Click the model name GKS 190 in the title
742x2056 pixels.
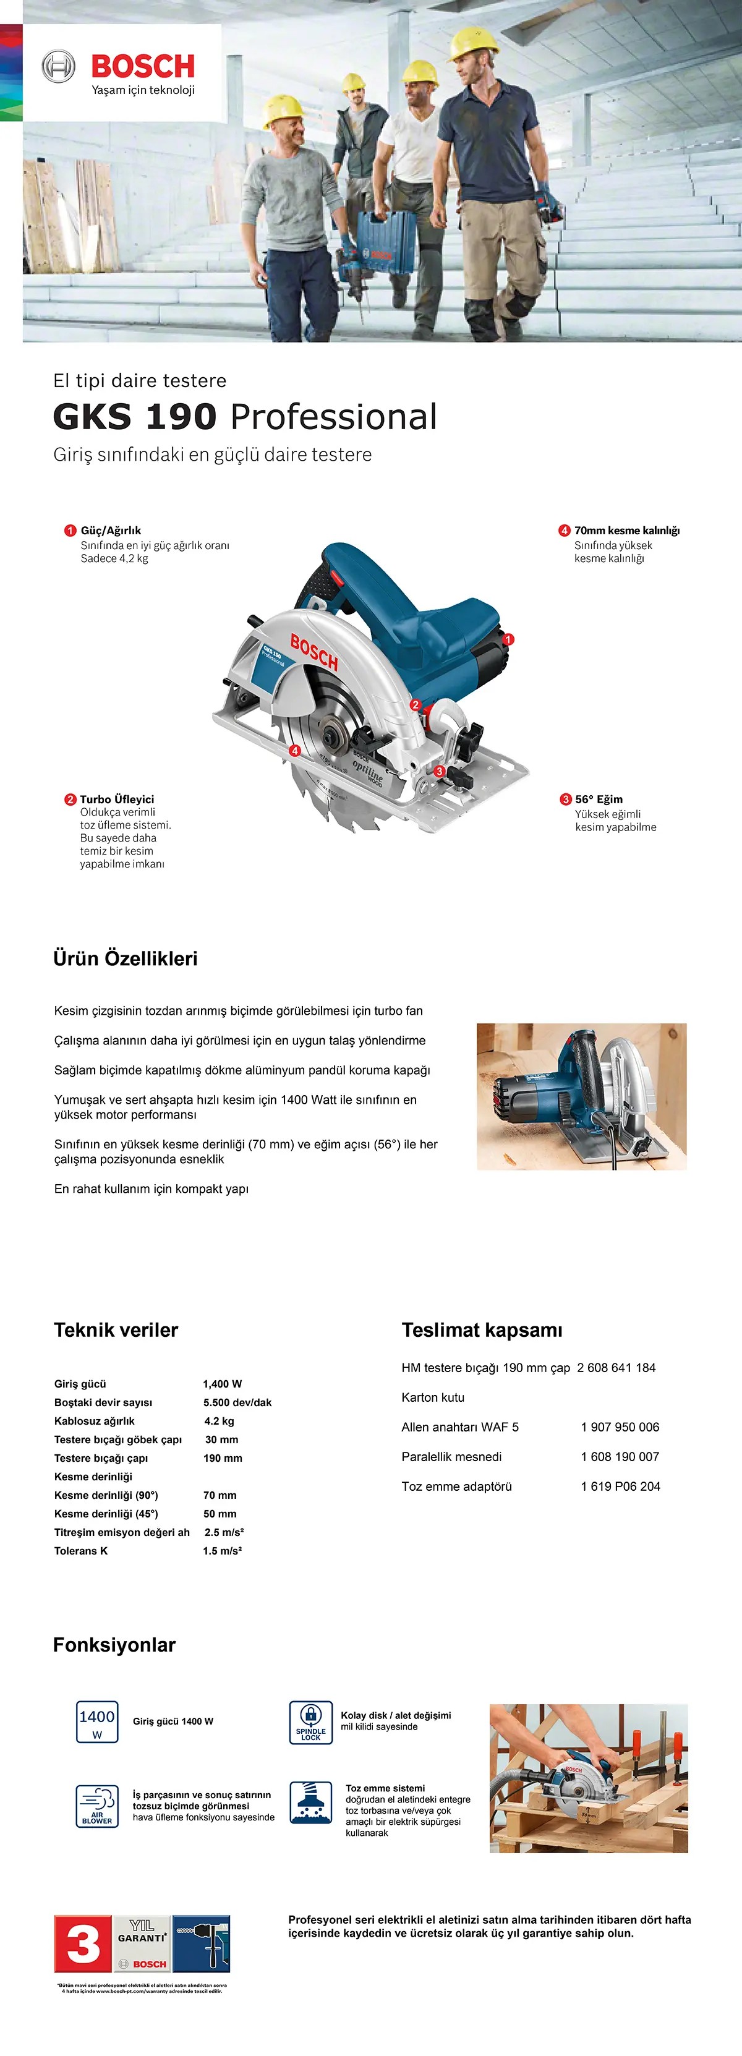coord(135,417)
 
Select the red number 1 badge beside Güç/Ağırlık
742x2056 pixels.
coord(70,531)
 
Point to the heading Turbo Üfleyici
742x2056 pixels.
coord(116,799)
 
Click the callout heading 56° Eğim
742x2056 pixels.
coord(599,799)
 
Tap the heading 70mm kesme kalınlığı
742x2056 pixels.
coord(626,531)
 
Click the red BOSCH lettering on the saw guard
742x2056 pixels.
coord(314,652)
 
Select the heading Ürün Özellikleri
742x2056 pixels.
coord(126,958)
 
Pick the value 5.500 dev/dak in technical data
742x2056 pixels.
coord(237,1402)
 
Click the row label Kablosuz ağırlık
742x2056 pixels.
coord(94,1421)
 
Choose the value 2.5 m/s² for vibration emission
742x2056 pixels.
coord(223,1532)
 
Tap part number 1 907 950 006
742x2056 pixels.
coord(620,1427)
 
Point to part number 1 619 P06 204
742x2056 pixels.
coord(620,1486)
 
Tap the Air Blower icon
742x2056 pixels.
coord(96,1806)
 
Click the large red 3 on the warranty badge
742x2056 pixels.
coord(83,1943)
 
